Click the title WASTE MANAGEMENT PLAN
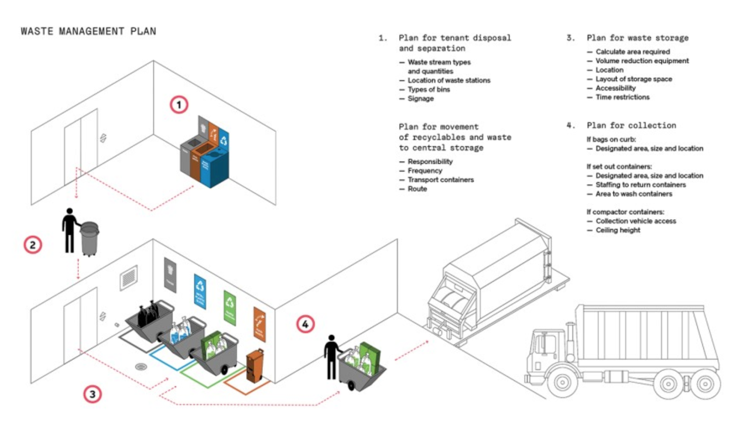pyautogui.click(x=88, y=31)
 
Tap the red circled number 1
pyautogui.click(x=179, y=104)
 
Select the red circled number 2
pyautogui.click(x=33, y=245)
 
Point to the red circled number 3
pyautogui.click(x=92, y=394)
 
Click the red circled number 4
pyautogui.click(x=305, y=324)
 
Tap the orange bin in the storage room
pyautogui.click(x=254, y=365)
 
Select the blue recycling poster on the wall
pyautogui.click(x=200, y=290)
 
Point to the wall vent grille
pyautogui.click(x=129, y=278)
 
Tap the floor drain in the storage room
pyautogui.click(x=141, y=367)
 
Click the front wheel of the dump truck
pyautogui.click(x=562, y=382)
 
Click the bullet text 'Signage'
pyautogui.click(x=420, y=99)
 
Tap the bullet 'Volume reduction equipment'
pyautogui.click(x=642, y=61)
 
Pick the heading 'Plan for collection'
pyautogui.click(x=631, y=126)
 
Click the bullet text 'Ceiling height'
pyautogui.click(x=617, y=230)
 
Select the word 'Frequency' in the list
pyautogui.click(x=425, y=171)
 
